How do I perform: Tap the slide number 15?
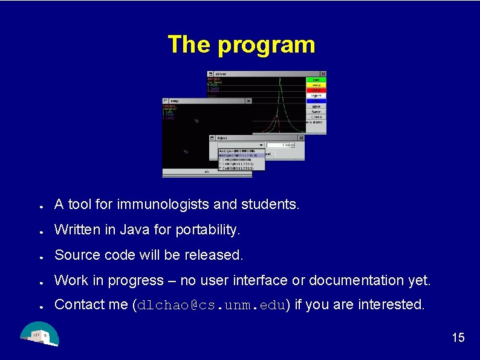(x=458, y=338)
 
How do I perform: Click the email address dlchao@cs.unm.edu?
(x=213, y=305)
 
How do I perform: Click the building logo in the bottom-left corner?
(x=39, y=334)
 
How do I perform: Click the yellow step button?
(x=316, y=85)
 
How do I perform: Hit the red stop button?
(x=316, y=90)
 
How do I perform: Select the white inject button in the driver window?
(x=316, y=95)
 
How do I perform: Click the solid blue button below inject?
(x=316, y=101)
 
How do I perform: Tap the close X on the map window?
(x=248, y=101)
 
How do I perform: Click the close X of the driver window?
(x=323, y=74)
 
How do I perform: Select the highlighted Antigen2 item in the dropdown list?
(x=241, y=155)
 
